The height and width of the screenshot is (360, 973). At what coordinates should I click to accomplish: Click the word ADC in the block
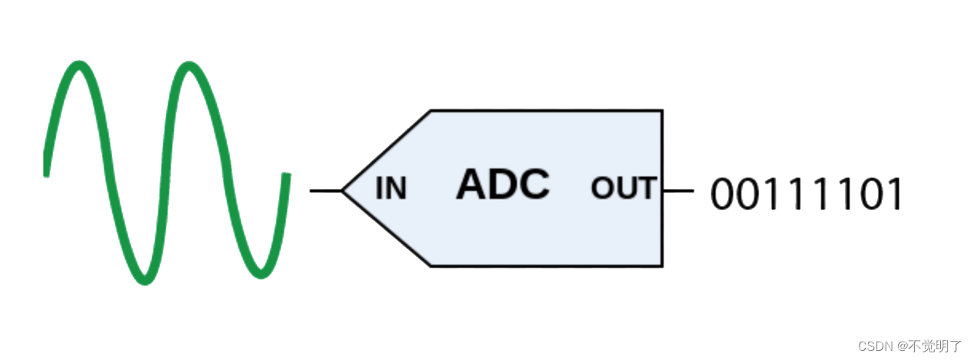503,185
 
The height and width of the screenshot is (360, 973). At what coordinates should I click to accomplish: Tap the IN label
391,188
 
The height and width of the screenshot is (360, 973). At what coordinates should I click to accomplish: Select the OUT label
624,188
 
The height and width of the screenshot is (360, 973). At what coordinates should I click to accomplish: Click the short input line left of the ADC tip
325,190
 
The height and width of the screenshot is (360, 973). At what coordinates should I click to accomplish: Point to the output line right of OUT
679,190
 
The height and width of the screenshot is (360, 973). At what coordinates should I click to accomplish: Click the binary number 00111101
807,195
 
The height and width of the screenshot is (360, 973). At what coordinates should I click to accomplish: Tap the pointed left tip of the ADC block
342,190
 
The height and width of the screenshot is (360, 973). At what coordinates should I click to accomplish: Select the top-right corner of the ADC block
662,110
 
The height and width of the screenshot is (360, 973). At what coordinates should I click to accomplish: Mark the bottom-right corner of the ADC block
662,266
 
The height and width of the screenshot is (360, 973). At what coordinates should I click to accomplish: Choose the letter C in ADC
535,185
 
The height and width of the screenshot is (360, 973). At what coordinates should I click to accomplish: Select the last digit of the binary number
895,195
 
